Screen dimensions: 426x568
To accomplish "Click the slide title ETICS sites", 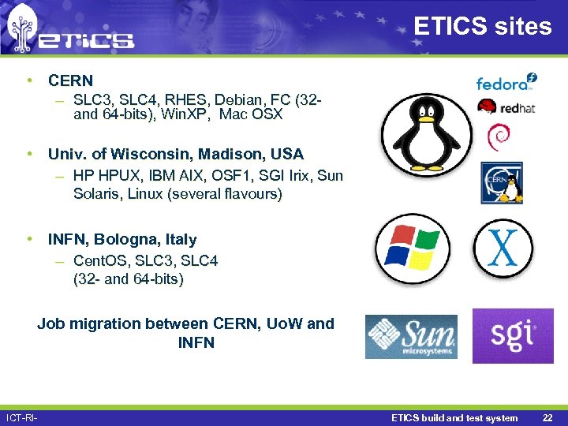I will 482,26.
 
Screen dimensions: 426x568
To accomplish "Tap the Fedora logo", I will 506,81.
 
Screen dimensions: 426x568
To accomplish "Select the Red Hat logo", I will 506,107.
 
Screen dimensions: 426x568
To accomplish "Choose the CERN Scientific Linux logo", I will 503,183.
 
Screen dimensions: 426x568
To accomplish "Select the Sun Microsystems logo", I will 410,337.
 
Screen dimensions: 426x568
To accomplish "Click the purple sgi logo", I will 512,335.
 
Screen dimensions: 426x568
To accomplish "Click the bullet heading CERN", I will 70,80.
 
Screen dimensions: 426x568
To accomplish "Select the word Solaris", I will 97,193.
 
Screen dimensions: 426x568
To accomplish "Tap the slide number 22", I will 547,417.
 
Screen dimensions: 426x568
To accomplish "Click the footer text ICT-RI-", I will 21,417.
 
